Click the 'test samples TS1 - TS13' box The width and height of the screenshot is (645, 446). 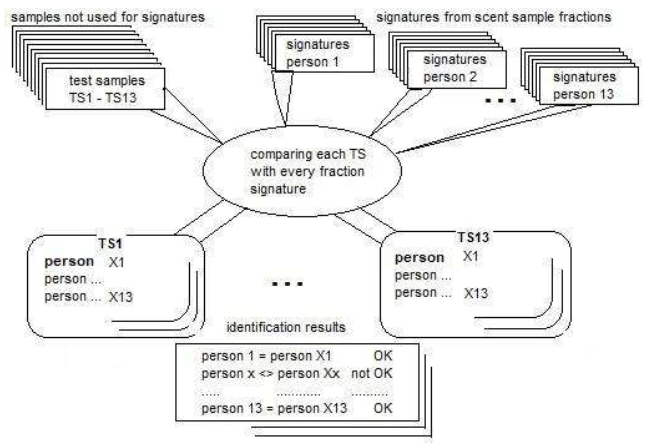tap(105, 89)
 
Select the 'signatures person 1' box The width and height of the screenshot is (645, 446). tap(324, 53)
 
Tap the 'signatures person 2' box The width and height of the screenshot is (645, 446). tap(456, 69)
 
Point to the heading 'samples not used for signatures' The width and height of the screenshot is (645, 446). tap(107, 17)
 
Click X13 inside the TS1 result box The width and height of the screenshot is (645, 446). tap(121, 297)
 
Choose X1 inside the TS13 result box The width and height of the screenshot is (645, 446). tap(471, 256)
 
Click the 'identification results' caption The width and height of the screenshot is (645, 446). tap(286, 327)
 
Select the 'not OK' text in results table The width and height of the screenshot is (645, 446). tap(372, 374)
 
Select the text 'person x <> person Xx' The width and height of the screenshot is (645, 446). tap(270, 374)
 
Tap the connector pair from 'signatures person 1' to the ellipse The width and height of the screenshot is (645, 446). tap(283, 98)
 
